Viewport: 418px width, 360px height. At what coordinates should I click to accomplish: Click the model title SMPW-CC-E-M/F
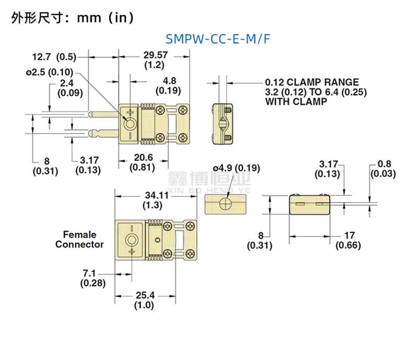coord(218,39)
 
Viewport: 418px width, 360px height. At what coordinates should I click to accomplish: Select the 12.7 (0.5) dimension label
coord(54,56)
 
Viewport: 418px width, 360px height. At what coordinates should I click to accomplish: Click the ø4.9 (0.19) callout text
coord(236,168)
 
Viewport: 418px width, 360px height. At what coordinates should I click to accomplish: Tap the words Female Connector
coord(80,239)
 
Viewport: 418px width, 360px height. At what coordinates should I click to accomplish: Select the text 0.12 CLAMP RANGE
coord(312,82)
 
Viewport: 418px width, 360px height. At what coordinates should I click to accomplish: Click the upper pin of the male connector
coord(104,114)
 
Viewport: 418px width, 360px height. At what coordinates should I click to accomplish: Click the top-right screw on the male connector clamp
coord(183,110)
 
